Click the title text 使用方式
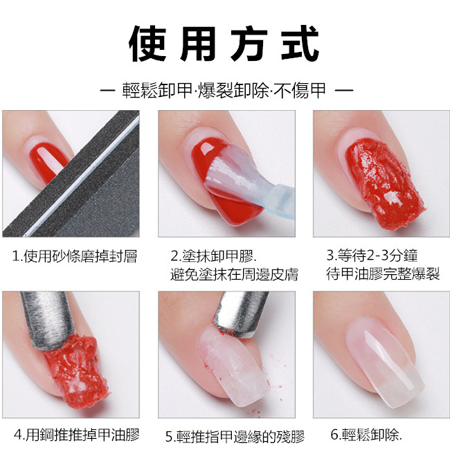224,44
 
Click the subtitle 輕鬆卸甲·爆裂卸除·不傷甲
224,91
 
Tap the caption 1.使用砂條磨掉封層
75,256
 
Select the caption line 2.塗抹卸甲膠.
213,256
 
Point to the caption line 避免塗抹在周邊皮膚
235,274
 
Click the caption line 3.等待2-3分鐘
372,255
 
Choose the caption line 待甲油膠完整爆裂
383,273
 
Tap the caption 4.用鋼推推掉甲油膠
77,435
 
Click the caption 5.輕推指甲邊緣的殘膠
235,437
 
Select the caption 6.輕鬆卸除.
366,435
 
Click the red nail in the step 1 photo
48,159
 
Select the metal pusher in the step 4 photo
47,319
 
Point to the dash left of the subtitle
108,91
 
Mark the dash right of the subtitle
344,91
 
